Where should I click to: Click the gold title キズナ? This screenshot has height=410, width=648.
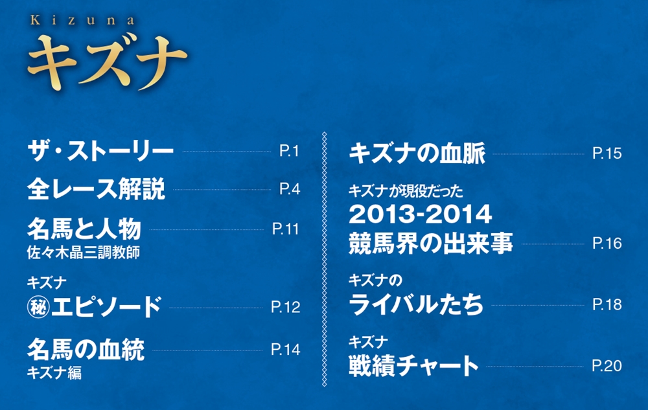point(107,63)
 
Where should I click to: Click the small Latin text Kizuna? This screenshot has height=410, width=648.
point(82,21)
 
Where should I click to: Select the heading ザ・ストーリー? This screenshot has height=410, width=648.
point(100,151)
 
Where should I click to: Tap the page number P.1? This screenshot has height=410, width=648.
point(289,151)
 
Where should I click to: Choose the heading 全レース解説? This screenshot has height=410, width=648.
point(96,189)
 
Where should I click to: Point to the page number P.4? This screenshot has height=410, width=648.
point(289,189)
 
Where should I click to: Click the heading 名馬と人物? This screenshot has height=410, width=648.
point(84,229)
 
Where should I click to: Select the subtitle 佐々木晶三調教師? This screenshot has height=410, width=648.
point(83,252)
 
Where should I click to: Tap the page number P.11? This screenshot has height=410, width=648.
point(286,229)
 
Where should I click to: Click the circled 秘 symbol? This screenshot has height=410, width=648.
point(38,307)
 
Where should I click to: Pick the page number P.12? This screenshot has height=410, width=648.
point(286,307)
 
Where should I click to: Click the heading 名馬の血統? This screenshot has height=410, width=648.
point(86,349)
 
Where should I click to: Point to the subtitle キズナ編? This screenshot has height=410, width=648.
point(54,373)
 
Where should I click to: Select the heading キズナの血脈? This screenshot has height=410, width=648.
point(417,153)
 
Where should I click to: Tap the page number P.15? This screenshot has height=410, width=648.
point(607,153)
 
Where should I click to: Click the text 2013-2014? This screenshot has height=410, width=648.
point(421,214)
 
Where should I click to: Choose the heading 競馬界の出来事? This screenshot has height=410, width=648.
point(431,243)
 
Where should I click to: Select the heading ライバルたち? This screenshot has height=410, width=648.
point(416,304)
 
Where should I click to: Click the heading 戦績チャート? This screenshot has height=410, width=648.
point(413,366)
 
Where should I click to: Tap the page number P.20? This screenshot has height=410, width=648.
point(607,366)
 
